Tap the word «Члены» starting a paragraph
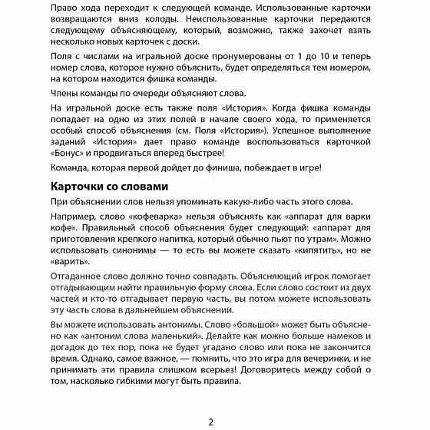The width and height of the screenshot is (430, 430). click(x=66, y=91)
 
